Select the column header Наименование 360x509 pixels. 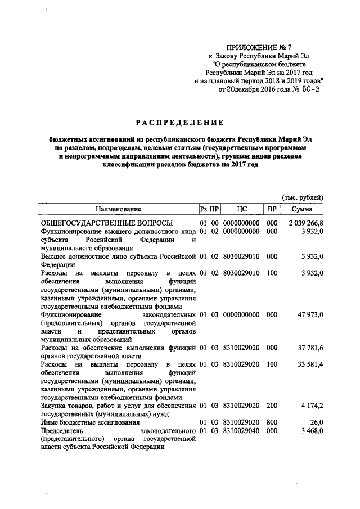coord(118,210)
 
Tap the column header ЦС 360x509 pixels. coord(241,210)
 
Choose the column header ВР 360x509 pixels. coord(272,210)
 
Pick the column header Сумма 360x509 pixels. coord(305,210)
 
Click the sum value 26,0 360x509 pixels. coord(316,422)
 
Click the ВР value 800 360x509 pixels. coord(272,422)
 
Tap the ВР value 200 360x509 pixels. coord(272,405)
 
